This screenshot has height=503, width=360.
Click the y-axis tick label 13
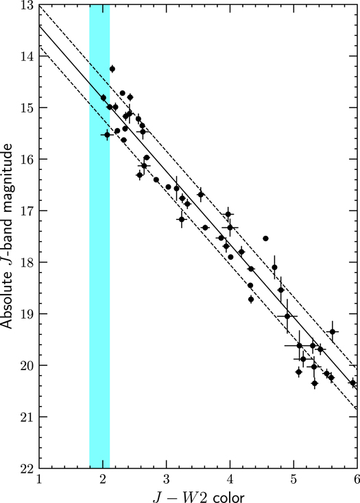[x=27, y=5]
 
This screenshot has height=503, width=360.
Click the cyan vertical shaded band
[x=99, y=274]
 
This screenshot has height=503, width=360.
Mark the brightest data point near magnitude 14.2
[x=112, y=69]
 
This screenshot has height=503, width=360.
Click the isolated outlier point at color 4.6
[x=265, y=238]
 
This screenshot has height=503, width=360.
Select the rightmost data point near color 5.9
[x=352, y=382]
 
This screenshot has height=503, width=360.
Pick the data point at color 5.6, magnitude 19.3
[x=333, y=332]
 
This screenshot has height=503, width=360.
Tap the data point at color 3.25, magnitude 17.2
[x=182, y=219]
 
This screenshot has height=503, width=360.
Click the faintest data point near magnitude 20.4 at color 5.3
[x=315, y=383]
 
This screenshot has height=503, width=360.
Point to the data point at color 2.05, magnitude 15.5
[x=107, y=135]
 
